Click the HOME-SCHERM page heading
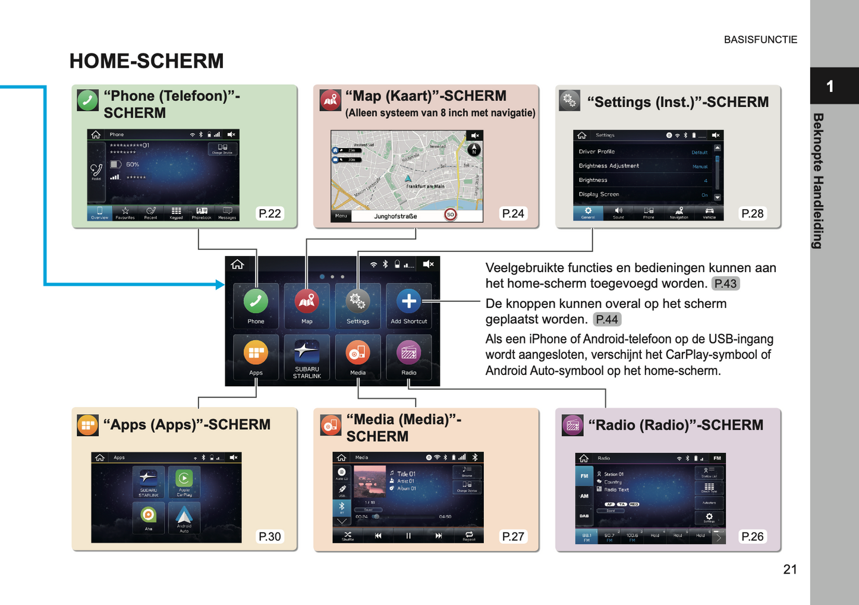coord(146,61)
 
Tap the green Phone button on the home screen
coord(256,302)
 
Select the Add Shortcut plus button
coord(409,302)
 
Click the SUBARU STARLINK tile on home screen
coord(307,354)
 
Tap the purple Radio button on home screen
coord(409,354)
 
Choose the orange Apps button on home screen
coord(256,354)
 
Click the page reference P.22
coord(270,214)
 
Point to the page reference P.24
coord(512,214)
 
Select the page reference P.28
coord(752,214)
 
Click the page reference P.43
coord(725,284)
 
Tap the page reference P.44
coord(607,320)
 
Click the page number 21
coord(789,569)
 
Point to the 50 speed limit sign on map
coord(451,215)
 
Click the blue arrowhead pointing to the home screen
coord(220,285)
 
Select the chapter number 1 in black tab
coord(830,87)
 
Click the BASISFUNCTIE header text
coord(760,40)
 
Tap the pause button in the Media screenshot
coord(408,535)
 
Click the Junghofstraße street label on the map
coord(395,216)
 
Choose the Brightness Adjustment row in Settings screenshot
coord(609,166)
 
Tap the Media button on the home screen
coord(358,354)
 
